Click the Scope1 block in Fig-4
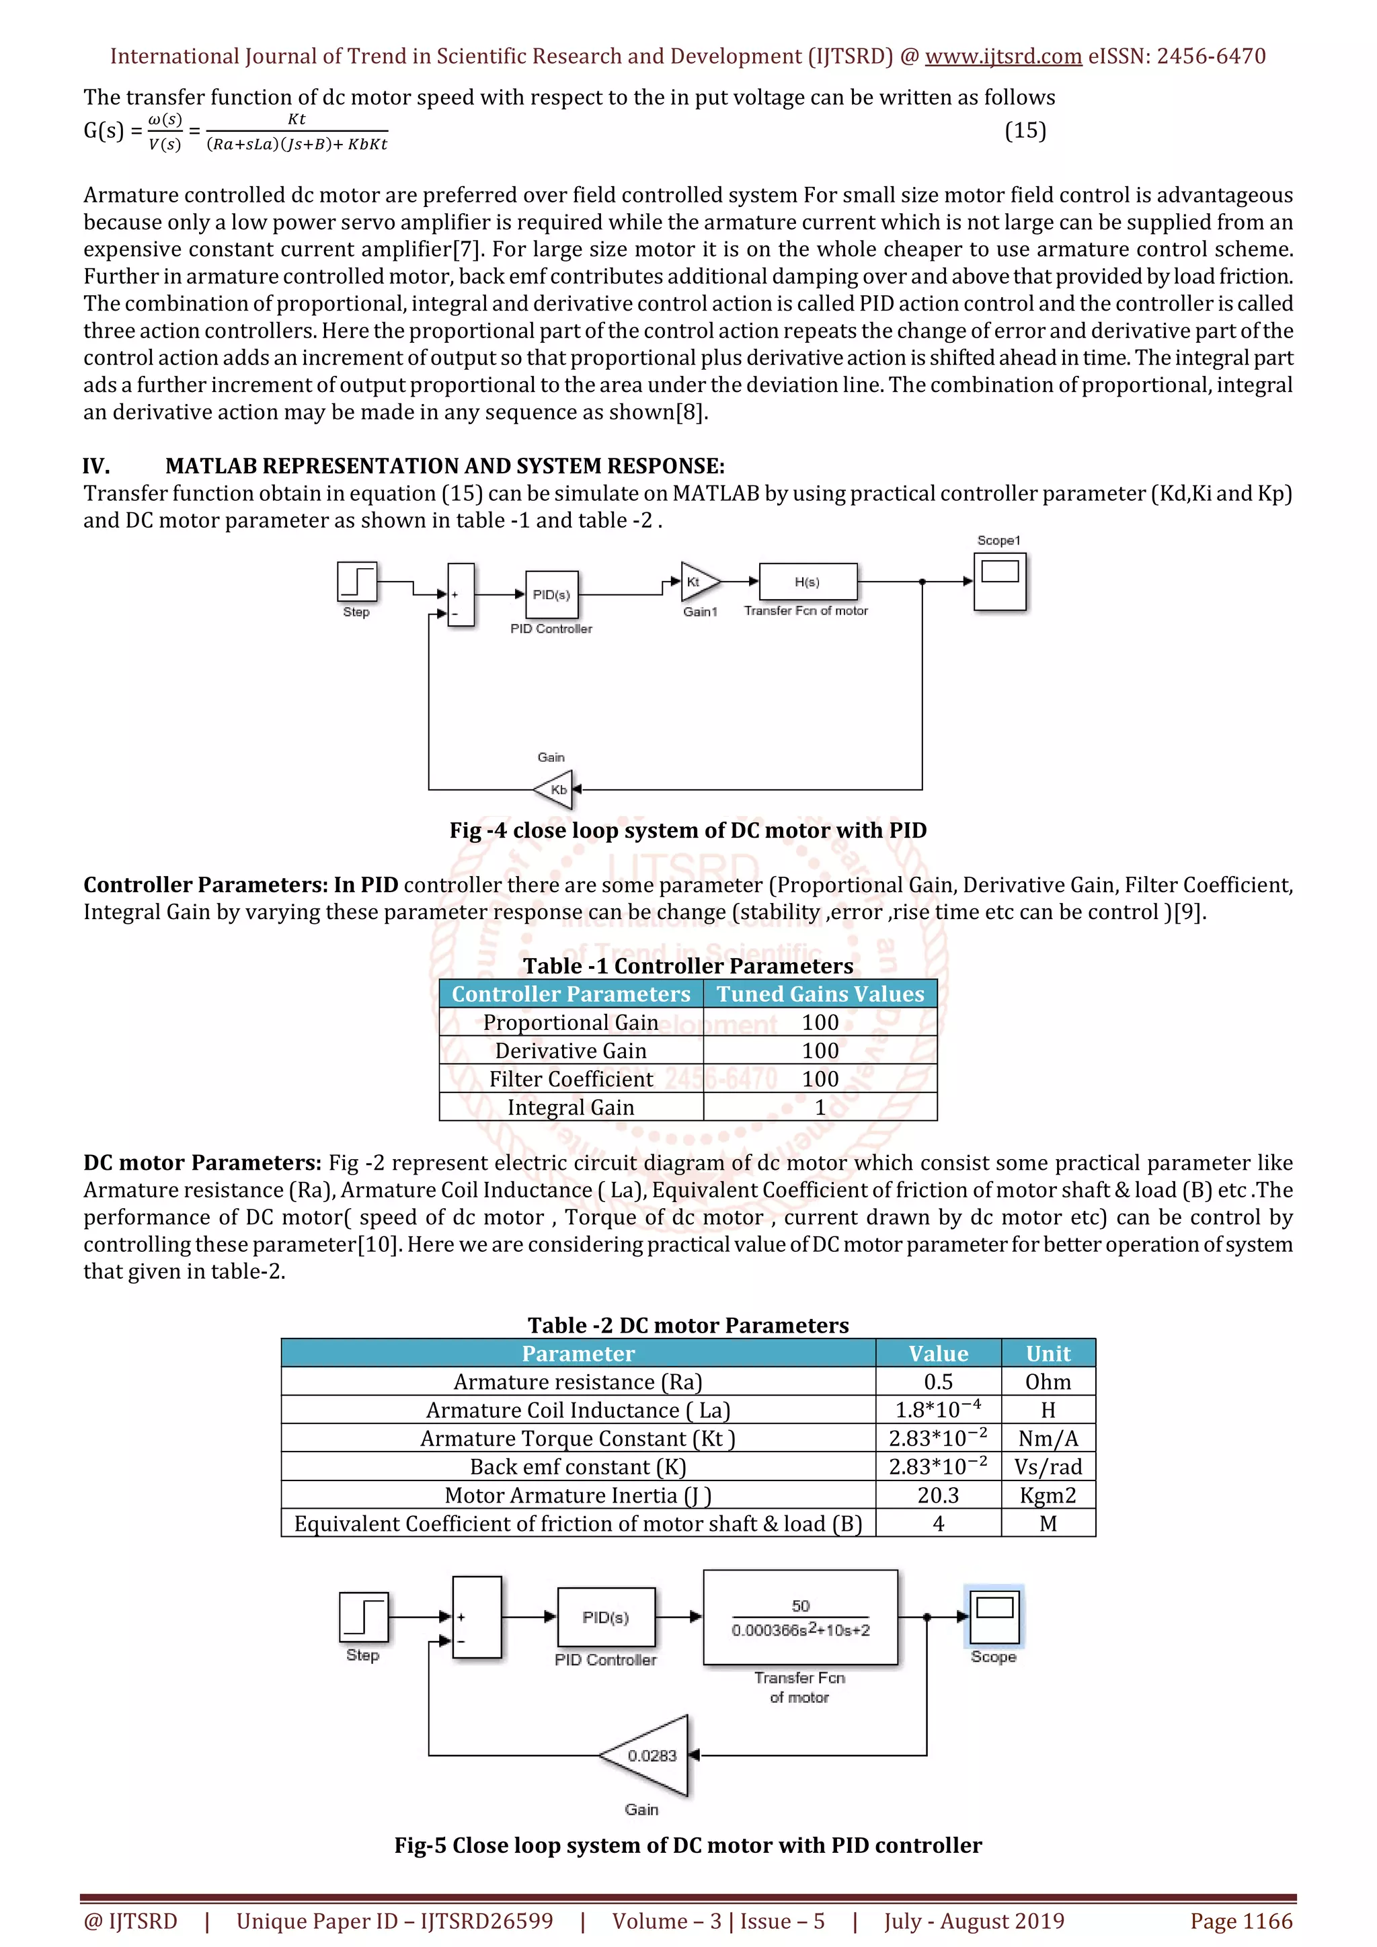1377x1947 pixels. coord(1000,582)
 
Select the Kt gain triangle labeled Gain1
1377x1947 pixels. coord(698,582)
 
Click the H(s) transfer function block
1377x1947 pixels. coord(808,582)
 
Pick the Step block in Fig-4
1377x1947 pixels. coord(357,582)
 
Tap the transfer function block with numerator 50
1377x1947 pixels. coord(799,1617)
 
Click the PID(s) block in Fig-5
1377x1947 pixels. coord(605,1617)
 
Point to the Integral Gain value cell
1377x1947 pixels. coord(820,1107)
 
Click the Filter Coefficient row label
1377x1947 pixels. coord(571,1080)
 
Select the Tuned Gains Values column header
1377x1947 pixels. coord(820,994)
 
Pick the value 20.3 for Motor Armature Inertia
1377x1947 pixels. coord(938,1495)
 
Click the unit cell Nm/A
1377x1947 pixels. coord(1048,1438)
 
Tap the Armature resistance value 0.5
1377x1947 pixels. coord(938,1382)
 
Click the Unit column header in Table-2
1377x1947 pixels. coord(1048,1353)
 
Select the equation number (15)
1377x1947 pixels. coord(1025,130)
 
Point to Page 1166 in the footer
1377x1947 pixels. coord(1241,1921)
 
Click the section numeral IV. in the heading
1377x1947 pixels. coord(96,467)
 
